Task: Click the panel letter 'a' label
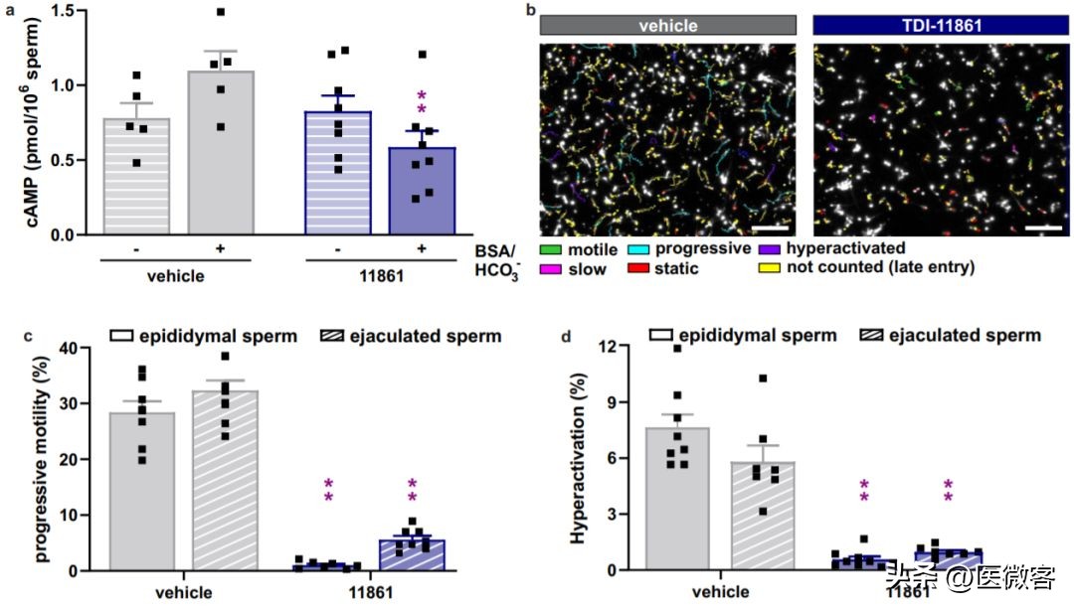coord(8,9)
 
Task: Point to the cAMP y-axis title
coord(23,121)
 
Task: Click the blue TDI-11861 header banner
coord(940,26)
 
